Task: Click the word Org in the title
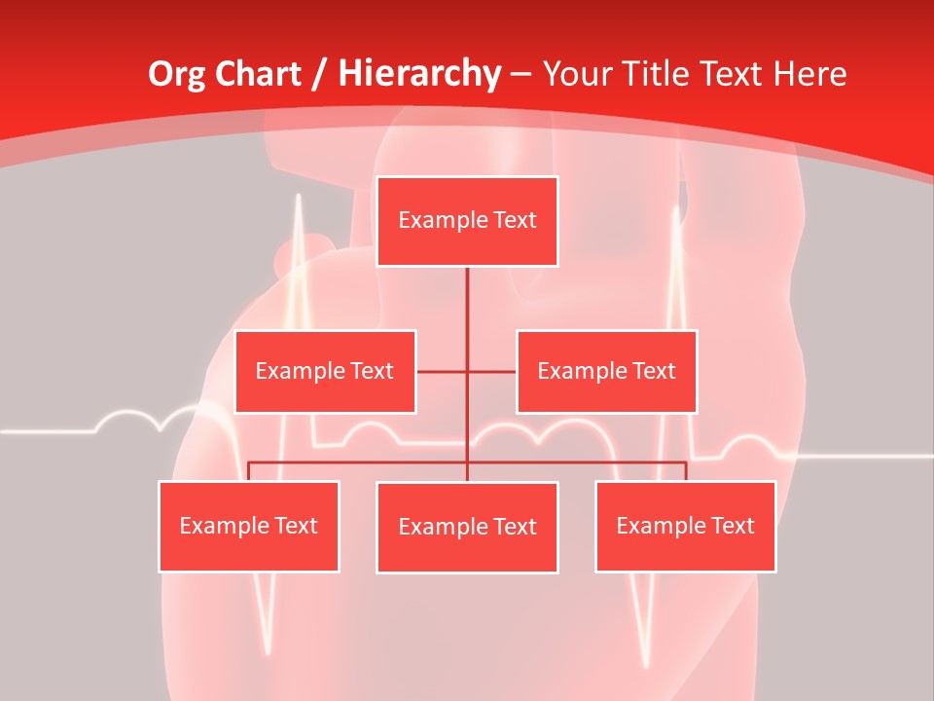click(178, 74)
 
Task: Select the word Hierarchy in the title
click(420, 74)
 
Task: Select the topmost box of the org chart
click(467, 221)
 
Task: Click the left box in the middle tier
click(325, 372)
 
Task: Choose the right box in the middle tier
click(606, 372)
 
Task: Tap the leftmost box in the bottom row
click(248, 527)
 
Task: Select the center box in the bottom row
click(467, 528)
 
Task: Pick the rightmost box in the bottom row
click(685, 527)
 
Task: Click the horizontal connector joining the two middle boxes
click(443, 372)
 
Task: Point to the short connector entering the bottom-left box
click(249, 471)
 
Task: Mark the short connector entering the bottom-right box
click(686, 471)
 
